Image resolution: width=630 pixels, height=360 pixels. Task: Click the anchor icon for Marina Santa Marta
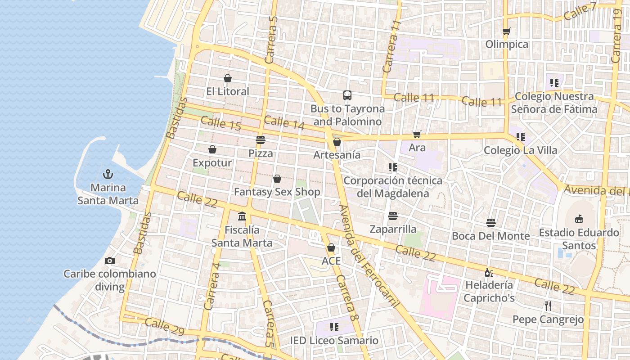tap(108, 174)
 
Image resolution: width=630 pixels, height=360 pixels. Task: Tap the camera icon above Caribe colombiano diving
tap(109, 261)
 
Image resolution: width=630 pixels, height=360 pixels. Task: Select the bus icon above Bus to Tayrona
tap(347, 95)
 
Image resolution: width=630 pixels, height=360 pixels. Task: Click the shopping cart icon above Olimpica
tap(507, 31)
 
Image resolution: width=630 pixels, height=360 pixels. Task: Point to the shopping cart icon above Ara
tap(417, 134)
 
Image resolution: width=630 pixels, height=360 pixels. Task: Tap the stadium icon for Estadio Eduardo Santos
tap(579, 219)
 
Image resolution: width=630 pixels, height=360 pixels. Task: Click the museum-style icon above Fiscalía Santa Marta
tap(242, 216)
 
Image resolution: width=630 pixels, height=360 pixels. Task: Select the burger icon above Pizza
tap(261, 139)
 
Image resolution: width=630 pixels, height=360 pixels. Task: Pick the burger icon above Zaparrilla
tap(393, 216)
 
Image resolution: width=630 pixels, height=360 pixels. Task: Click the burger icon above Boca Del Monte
tap(490, 223)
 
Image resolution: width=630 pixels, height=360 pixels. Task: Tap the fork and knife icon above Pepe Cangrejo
tap(548, 306)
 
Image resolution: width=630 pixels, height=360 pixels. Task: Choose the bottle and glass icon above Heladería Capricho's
tap(489, 272)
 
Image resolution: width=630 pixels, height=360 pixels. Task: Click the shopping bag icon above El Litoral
tap(228, 78)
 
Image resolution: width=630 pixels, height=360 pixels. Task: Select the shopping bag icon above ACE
tap(331, 247)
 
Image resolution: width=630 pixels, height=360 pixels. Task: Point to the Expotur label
tap(212, 163)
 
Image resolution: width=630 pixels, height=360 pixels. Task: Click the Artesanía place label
tap(337, 155)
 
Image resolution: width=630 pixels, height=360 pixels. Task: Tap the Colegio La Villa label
tap(520, 150)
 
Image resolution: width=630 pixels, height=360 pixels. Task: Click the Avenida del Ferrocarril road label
tap(369, 256)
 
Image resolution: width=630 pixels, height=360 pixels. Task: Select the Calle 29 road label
tap(165, 327)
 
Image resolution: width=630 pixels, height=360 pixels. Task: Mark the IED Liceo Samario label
tap(334, 341)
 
